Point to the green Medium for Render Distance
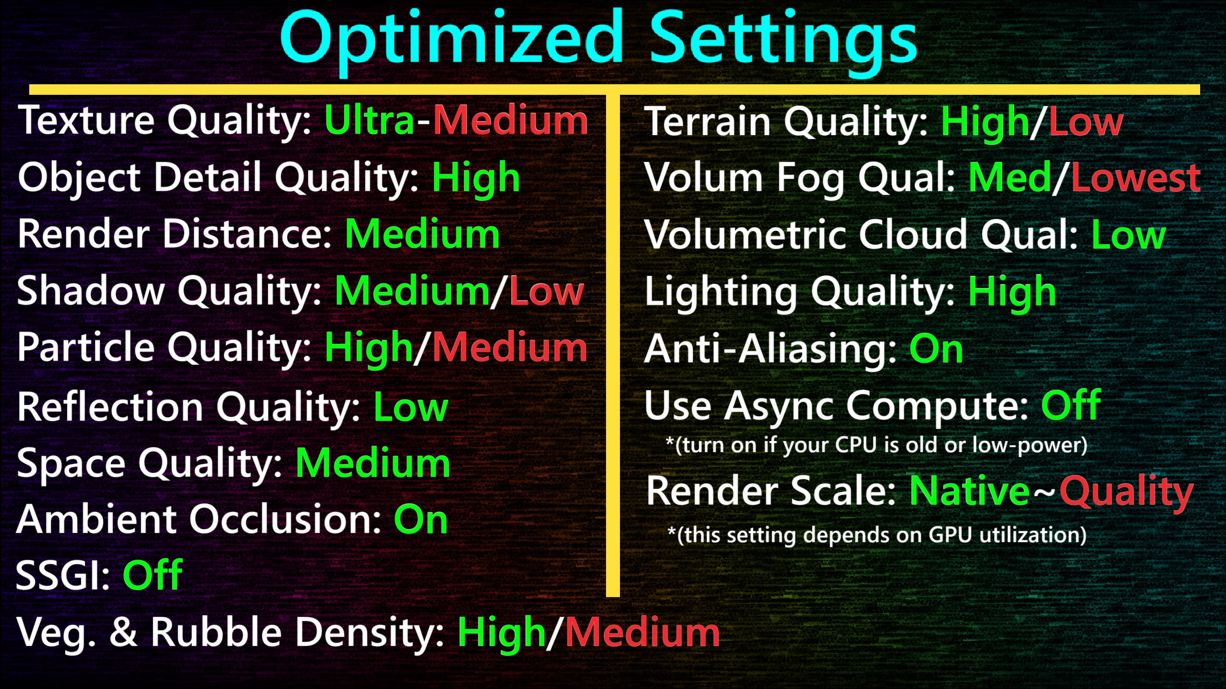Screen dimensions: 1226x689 click(x=422, y=234)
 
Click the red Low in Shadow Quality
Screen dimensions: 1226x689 click(x=547, y=291)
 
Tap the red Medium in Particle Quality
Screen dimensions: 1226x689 click(x=510, y=347)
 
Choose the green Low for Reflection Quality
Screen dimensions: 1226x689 click(x=411, y=407)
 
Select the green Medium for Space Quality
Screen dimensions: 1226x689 click(x=373, y=463)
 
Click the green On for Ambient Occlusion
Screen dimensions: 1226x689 click(x=421, y=520)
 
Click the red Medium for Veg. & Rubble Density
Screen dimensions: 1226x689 click(x=642, y=633)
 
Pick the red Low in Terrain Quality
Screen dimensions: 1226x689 click(x=1086, y=122)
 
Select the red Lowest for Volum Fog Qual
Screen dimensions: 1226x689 click(x=1136, y=178)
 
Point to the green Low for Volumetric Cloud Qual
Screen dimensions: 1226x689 click(x=1129, y=235)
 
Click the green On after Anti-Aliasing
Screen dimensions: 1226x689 click(x=936, y=349)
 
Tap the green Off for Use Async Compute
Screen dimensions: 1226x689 click(x=1071, y=405)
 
